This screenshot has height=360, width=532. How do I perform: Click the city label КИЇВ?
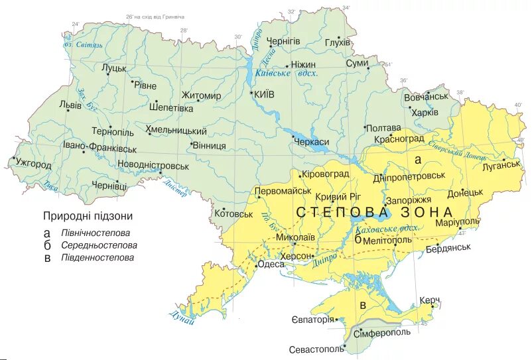point(265,95)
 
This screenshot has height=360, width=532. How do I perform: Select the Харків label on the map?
point(425,112)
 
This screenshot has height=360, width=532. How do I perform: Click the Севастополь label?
point(317,349)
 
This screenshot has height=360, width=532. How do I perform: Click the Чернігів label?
point(283,41)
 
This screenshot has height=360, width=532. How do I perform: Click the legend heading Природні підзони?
point(88,216)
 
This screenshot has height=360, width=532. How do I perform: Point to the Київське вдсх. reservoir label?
point(287,74)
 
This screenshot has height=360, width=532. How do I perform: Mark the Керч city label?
point(430,300)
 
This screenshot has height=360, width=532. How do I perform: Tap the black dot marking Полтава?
point(365,127)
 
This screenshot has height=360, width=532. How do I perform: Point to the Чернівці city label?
point(110,186)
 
